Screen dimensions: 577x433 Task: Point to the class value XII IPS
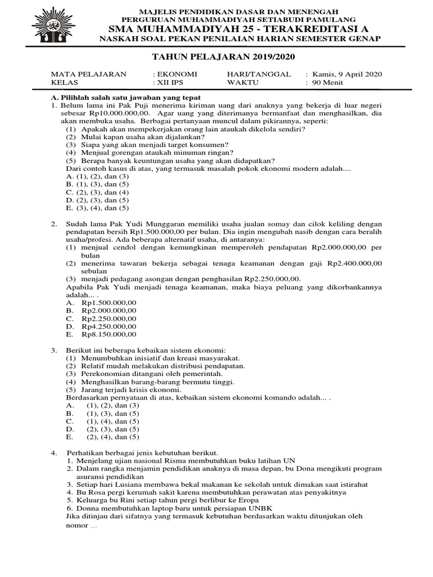[x=173, y=82]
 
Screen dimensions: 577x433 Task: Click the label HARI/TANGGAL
[x=259, y=74]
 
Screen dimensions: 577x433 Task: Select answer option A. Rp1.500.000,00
[x=108, y=302]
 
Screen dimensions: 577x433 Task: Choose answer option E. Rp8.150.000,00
[x=108, y=334]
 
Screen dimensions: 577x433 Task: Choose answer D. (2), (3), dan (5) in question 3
[x=112, y=429]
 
